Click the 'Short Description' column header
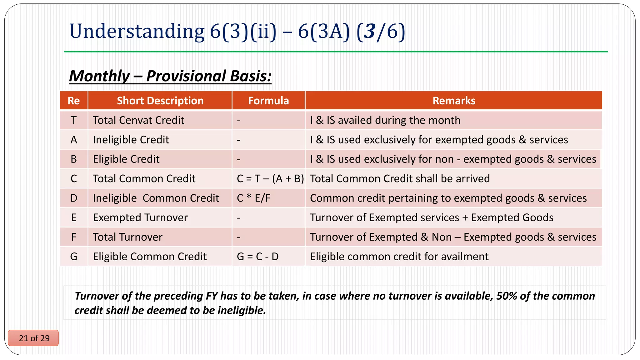(x=160, y=101)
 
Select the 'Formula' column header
(x=268, y=101)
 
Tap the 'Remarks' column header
(x=454, y=101)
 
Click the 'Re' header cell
(x=74, y=101)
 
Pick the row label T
(x=74, y=120)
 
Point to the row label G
(x=74, y=257)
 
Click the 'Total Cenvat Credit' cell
(x=138, y=120)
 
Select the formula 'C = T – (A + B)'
(x=270, y=179)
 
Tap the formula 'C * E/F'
(x=254, y=198)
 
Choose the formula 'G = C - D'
(x=258, y=257)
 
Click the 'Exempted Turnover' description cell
(x=140, y=217)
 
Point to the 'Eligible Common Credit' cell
(x=150, y=257)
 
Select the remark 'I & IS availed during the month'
(x=385, y=120)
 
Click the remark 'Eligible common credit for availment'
(x=399, y=257)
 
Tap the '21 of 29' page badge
(x=34, y=338)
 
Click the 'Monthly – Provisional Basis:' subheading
(x=170, y=76)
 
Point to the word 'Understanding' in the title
(x=137, y=31)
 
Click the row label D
(x=74, y=198)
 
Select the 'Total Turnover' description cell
(x=127, y=237)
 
